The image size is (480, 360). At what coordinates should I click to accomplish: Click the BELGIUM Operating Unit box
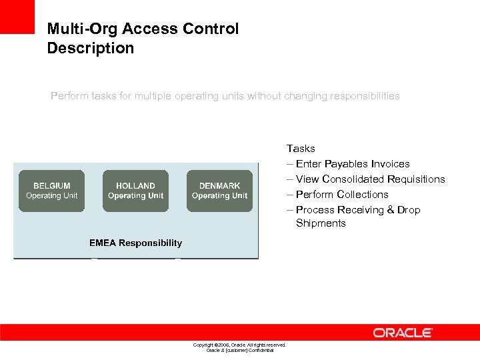click(52, 191)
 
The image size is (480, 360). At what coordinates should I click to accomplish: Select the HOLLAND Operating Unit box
click(135, 191)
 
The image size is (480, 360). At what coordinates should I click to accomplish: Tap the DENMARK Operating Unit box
click(219, 191)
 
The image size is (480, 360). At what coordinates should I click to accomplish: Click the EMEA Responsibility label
click(135, 243)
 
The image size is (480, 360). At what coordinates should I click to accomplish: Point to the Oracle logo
click(403, 333)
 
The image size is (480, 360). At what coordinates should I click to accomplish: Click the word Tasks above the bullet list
click(301, 149)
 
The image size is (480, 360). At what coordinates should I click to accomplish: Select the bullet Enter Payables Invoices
click(352, 164)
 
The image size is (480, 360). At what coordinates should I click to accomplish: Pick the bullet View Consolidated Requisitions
click(370, 179)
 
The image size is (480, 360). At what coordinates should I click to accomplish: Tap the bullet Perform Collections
click(341, 195)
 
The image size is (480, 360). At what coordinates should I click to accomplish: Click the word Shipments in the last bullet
click(321, 223)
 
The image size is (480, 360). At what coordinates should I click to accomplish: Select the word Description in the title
click(91, 48)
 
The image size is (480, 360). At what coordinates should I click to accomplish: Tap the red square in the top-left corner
click(17, 17)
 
